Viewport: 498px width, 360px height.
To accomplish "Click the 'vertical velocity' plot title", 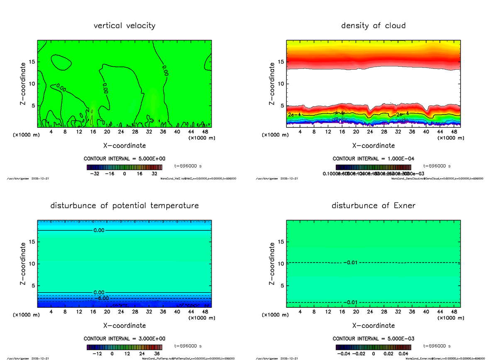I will point(124,26).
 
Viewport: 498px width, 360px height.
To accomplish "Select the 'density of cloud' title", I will point(373,26).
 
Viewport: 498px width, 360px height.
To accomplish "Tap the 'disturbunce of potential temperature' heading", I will point(124,206).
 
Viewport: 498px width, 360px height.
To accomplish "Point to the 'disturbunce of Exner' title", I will point(373,206).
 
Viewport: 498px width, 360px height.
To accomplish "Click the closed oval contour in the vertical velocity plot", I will point(61,63).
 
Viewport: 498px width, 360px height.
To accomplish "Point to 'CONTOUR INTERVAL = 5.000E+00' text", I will point(124,159).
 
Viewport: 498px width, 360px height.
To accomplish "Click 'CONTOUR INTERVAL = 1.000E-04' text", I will point(373,159).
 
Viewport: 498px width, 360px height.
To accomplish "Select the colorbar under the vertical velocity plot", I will point(124,168).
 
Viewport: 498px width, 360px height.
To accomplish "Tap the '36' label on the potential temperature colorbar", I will point(157,354).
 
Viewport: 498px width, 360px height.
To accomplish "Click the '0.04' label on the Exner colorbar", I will point(404,354).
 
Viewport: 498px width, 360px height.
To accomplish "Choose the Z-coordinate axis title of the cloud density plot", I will point(272,84).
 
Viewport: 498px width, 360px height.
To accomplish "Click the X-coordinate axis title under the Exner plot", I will point(373,326).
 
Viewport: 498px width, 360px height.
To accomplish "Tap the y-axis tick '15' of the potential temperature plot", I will point(31,242).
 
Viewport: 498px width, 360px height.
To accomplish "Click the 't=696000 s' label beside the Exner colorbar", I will point(437,346).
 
